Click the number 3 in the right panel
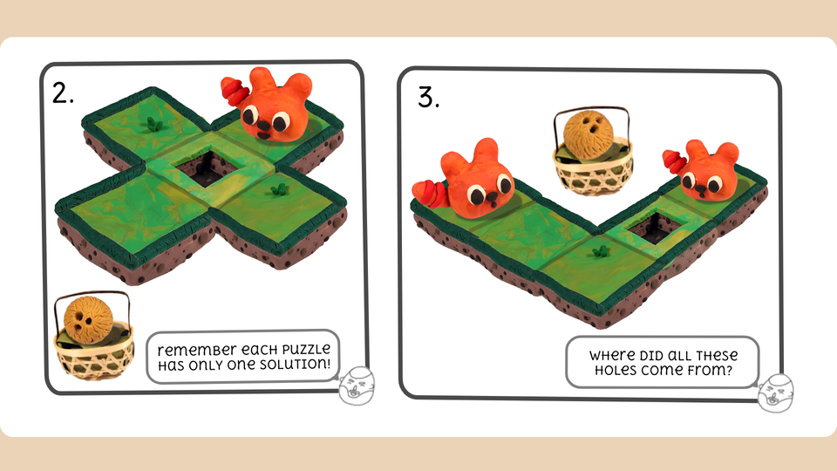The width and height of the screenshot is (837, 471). pyautogui.click(x=428, y=97)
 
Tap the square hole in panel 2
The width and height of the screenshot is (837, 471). pyautogui.click(x=207, y=167)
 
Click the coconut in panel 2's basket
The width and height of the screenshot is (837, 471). pyautogui.click(x=88, y=320)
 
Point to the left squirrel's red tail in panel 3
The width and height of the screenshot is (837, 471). pyautogui.click(x=430, y=193)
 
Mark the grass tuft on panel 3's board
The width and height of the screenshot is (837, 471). pyautogui.click(x=600, y=250)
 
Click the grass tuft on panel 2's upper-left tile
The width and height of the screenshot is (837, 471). pyautogui.click(x=153, y=124)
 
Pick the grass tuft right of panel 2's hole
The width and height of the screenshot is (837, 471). pyautogui.click(x=278, y=188)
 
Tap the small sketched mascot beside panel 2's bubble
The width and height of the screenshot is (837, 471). pyautogui.click(x=357, y=385)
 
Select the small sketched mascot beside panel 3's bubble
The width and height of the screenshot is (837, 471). pyautogui.click(x=776, y=393)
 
